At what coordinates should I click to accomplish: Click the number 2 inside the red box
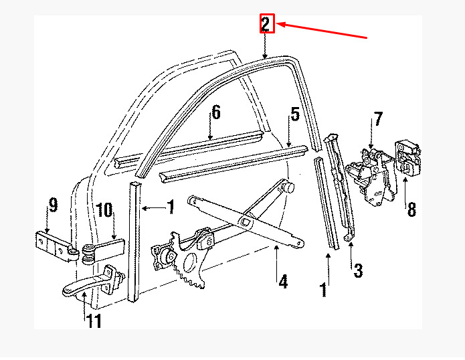(266, 24)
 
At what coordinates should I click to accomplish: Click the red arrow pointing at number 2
(321, 31)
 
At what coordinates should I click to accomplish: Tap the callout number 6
(216, 112)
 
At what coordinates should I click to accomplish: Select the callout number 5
(295, 114)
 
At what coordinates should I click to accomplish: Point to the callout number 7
(378, 118)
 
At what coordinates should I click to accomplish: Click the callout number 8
(412, 209)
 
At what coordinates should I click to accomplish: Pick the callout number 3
(358, 270)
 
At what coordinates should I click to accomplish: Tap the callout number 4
(283, 282)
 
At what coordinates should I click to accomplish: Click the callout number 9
(53, 205)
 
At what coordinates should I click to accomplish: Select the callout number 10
(104, 210)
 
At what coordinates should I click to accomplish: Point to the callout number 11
(94, 321)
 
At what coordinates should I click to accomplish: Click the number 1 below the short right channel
(324, 290)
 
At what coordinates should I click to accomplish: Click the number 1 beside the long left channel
(171, 207)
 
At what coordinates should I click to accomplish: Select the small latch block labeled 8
(408, 157)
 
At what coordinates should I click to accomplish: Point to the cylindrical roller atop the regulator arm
(288, 187)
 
